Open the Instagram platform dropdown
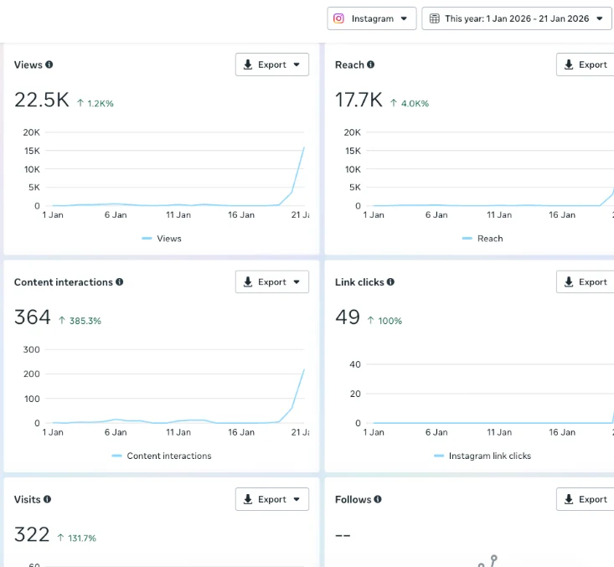point(372,18)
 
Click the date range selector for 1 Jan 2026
point(516,18)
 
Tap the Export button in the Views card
point(271,64)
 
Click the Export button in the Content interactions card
point(271,282)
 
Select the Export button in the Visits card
point(271,499)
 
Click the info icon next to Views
point(49,64)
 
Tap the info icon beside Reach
point(370,64)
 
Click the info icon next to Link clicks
point(390,282)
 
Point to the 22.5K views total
point(42,100)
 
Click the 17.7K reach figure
point(359,100)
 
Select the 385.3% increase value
point(85,321)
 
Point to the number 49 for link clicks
point(348,317)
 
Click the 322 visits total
point(32,534)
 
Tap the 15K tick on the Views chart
point(32,151)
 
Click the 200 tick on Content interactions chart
point(31,374)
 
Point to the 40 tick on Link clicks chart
point(355,364)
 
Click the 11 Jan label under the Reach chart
point(499,215)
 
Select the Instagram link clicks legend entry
point(482,456)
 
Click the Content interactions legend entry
point(162,456)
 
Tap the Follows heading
point(353,499)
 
